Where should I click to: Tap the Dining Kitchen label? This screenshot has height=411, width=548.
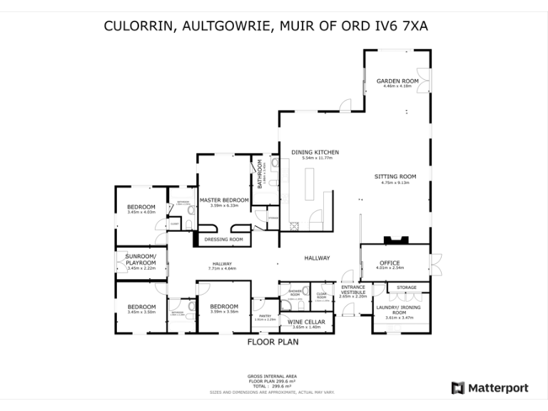click(314, 152)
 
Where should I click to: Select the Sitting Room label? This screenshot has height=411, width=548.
click(395, 176)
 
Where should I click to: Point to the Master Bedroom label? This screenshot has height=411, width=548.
click(224, 201)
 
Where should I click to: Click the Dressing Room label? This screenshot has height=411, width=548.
click(223, 239)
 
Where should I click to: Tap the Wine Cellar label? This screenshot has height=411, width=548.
click(306, 322)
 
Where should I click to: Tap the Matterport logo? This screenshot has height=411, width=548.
click(489, 388)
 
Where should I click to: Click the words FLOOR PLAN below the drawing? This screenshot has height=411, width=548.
click(273, 342)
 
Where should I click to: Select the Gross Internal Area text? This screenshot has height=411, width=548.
click(273, 375)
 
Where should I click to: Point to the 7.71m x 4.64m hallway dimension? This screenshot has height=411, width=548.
click(222, 268)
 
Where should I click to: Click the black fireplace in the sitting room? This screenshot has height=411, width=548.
click(392, 240)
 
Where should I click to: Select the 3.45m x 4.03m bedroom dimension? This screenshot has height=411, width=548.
click(141, 212)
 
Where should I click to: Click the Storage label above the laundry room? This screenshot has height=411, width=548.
click(407, 288)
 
